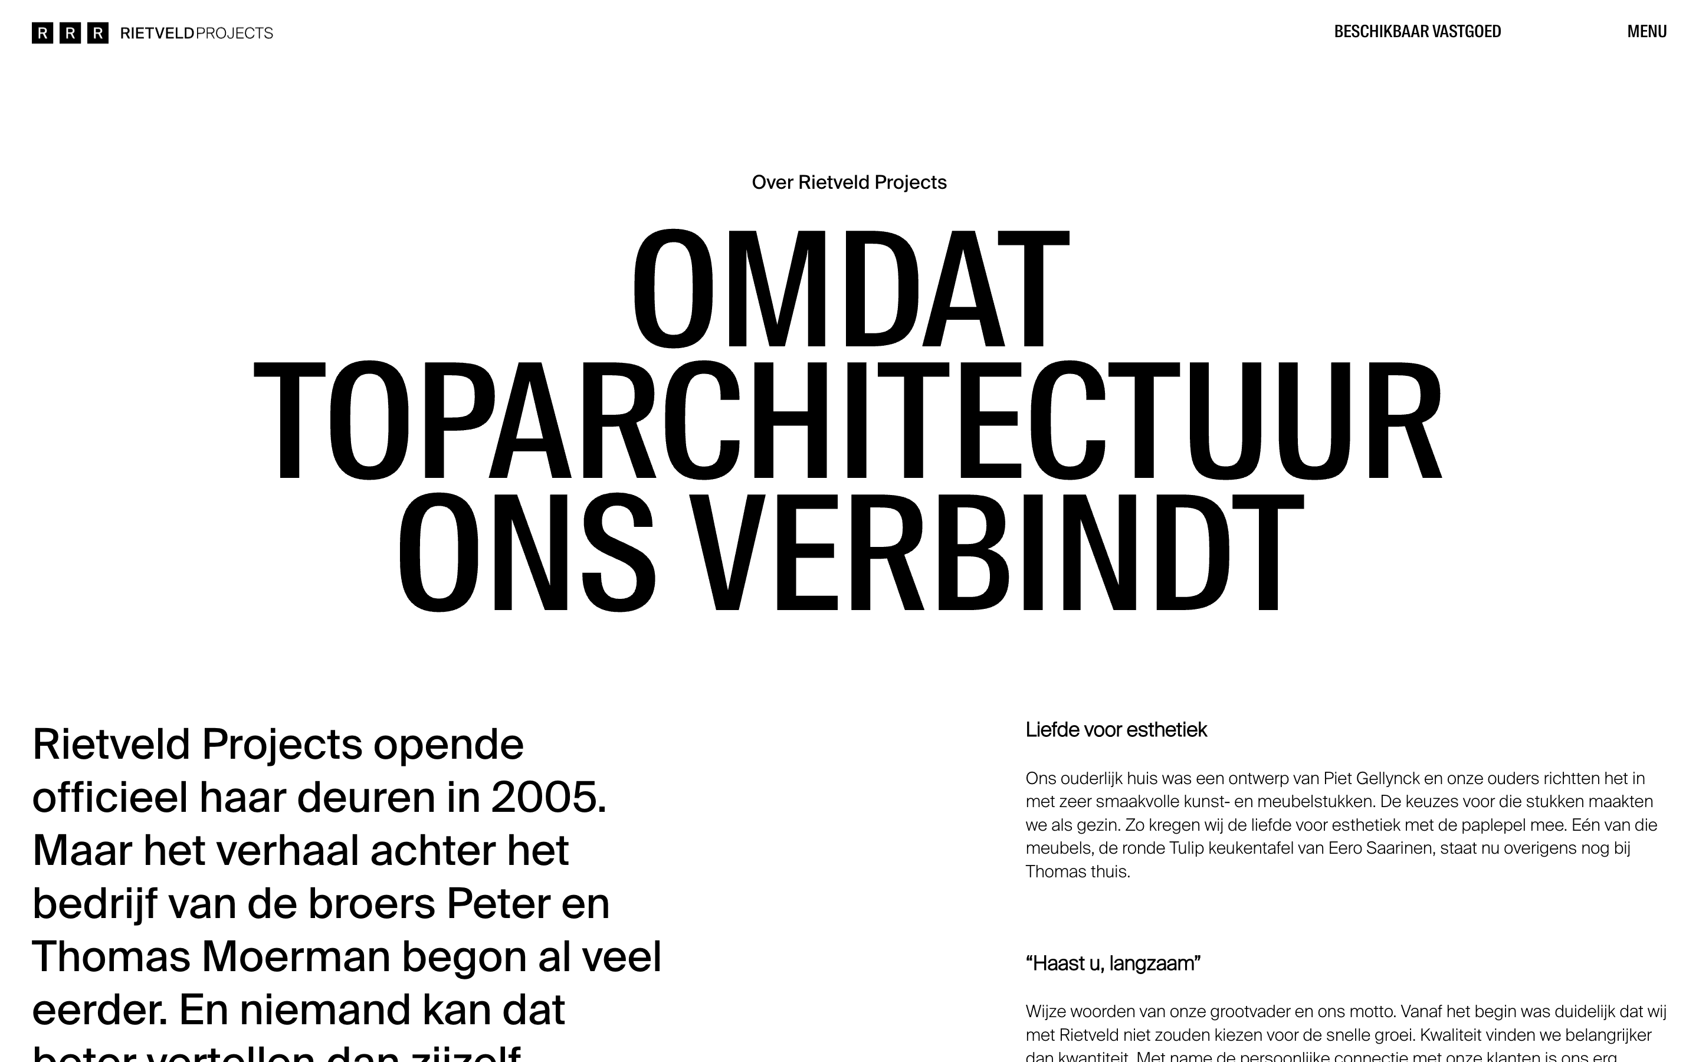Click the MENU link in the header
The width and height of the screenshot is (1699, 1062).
coord(1646,32)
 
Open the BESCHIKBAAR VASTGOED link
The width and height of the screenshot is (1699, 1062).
coord(1417,32)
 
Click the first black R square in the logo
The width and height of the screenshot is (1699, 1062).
coord(42,33)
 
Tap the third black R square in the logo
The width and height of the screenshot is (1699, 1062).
coord(97,33)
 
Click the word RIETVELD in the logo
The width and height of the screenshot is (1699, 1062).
coord(158,33)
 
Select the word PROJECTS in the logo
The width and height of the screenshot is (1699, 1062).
coord(234,33)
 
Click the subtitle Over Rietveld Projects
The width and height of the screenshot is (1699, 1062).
coord(849,183)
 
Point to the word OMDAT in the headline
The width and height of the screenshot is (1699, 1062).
coord(850,288)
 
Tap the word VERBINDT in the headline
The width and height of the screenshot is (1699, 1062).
coord(997,552)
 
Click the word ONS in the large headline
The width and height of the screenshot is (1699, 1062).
coord(527,552)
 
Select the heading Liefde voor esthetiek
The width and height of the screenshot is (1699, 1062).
coord(1116,730)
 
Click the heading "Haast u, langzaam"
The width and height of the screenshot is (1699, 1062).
coord(1113,963)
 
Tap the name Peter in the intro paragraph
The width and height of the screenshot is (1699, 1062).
coord(498,903)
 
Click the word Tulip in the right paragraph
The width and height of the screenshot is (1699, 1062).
coord(1186,848)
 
